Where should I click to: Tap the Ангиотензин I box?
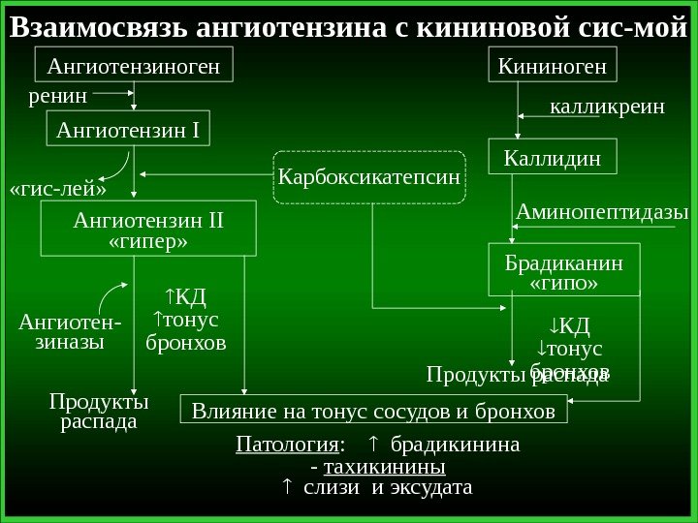click(x=134, y=128)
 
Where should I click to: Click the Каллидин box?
click(x=552, y=157)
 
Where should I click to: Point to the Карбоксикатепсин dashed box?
click(x=369, y=177)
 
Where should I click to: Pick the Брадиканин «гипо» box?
click(x=566, y=272)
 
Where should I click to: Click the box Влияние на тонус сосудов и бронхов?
click(x=374, y=412)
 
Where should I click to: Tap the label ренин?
click(x=58, y=96)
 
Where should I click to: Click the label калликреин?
click(x=608, y=107)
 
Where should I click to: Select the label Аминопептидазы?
click(x=602, y=210)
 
